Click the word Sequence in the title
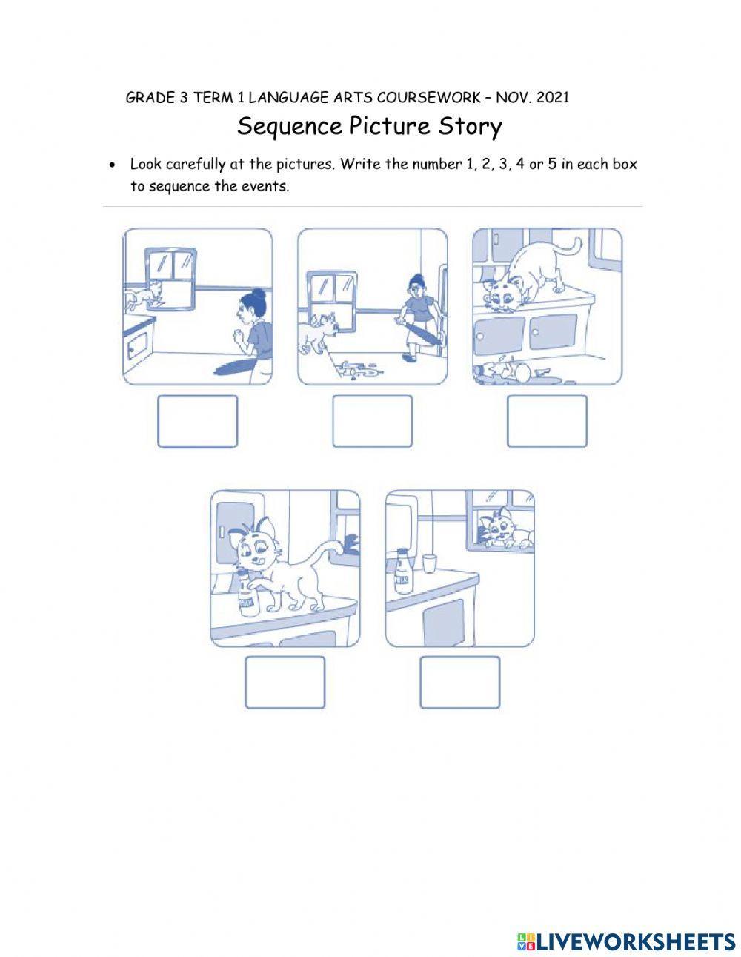tap(286, 127)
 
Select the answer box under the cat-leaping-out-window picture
tap(197, 421)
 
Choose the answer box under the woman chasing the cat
tap(372, 421)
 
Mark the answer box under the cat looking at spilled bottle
tap(547, 421)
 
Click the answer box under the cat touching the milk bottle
tap(285, 682)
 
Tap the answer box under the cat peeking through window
tap(459, 682)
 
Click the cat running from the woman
tap(317, 331)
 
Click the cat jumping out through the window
tap(144, 296)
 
